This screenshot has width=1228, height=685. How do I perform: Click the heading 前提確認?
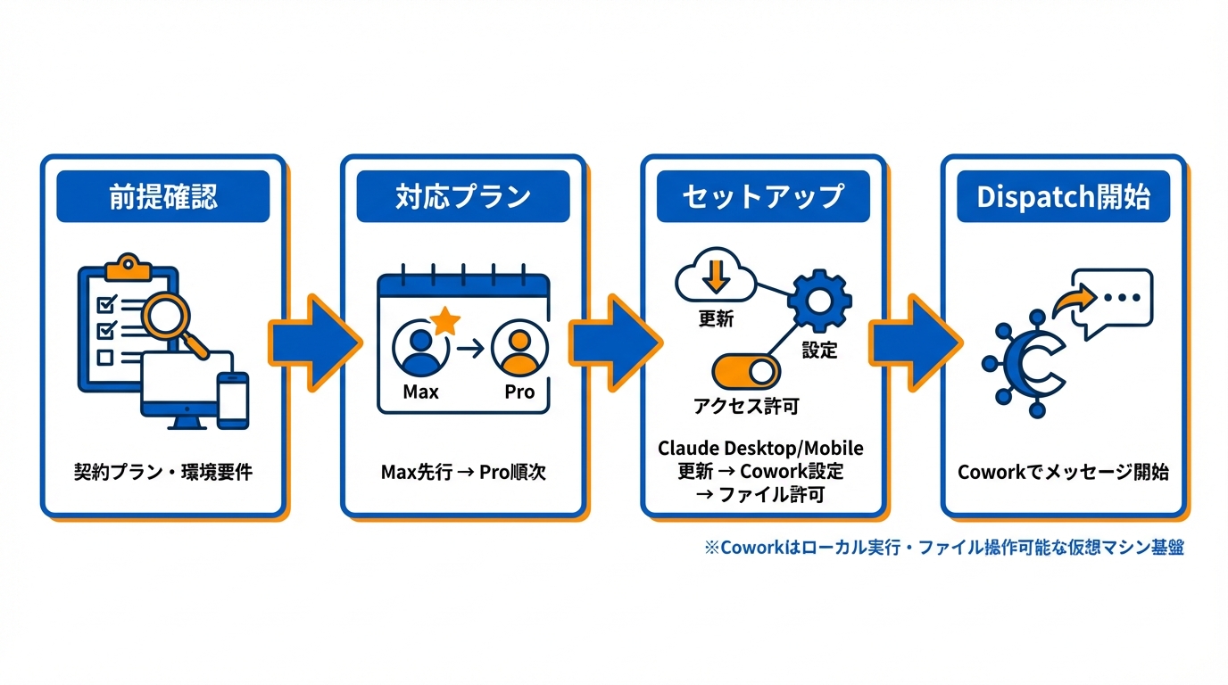pyautogui.click(x=162, y=197)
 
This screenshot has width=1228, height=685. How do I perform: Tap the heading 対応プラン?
pyautogui.click(x=462, y=197)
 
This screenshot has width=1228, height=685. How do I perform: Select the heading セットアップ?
pyautogui.click(x=762, y=197)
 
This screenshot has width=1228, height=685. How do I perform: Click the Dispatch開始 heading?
pyautogui.click(x=1063, y=197)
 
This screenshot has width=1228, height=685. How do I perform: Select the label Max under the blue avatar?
pyautogui.click(x=421, y=392)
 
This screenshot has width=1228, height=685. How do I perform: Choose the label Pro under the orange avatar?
pyautogui.click(x=519, y=392)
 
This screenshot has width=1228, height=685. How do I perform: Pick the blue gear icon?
pyautogui.click(x=818, y=300)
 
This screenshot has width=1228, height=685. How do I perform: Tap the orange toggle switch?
pyautogui.click(x=746, y=371)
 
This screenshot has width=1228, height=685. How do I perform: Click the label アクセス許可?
pyautogui.click(x=746, y=408)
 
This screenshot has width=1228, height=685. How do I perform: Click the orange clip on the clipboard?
pyautogui.click(x=126, y=264)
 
